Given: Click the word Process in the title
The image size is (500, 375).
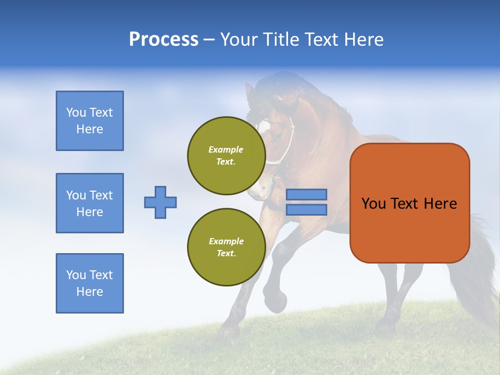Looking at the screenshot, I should [164, 40].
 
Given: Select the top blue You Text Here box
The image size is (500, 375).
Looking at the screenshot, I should [90, 121].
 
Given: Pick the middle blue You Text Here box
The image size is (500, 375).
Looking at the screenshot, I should [90, 203].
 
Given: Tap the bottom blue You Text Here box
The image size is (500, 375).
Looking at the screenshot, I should [90, 283].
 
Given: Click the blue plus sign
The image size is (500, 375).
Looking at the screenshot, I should [160, 202].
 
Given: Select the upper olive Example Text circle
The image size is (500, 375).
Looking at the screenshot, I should [227, 156].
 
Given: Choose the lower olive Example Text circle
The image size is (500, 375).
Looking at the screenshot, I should [227, 247].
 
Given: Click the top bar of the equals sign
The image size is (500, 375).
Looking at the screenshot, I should [306, 194].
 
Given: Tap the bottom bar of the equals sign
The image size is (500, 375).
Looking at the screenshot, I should [306, 209].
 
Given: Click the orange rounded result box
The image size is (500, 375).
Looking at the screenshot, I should [409, 203].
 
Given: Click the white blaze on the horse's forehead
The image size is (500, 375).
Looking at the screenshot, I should [264, 126].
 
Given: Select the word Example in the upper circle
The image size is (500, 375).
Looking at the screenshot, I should [226, 149].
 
